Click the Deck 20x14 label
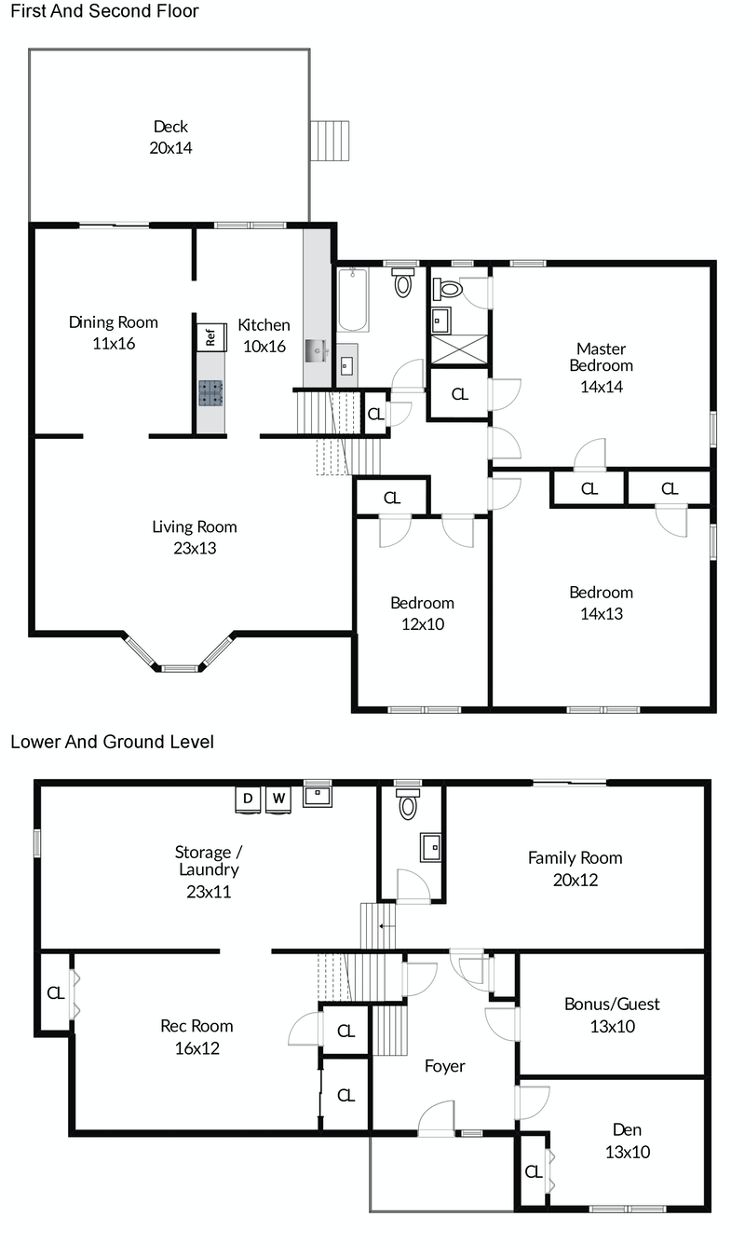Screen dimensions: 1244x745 pyautogui.click(x=170, y=137)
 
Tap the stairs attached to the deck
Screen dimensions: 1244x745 pyautogui.click(x=330, y=141)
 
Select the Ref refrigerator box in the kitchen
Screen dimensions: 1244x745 pyautogui.click(x=210, y=336)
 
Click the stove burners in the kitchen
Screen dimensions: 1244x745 pyautogui.click(x=210, y=393)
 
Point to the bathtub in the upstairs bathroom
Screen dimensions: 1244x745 pyautogui.click(x=353, y=300)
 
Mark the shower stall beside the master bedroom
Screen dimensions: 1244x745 pyautogui.click(x=458, y=350)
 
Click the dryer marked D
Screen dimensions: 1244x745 pyautogui.click(x=248, y=800)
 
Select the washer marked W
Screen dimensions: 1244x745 pyautogui.click(x=279, y=800)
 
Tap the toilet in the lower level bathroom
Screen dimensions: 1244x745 pyautogui.click(x=408, y=806)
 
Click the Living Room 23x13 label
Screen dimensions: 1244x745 pyautogui.click(x=195, y=538)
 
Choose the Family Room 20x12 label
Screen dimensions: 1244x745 pyautogui.click(x=575, y=868)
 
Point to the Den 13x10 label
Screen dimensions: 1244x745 pyautogui.click(x=626, y=1141)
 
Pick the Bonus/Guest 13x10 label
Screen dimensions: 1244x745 pyautogui.click(x=612, y=1015)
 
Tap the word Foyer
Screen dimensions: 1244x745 pyautogui.click(x=444, y=1066)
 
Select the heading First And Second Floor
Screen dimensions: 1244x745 pyautogui.click(x=103, y=12)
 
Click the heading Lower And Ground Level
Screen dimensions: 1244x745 pyautogui.click(x=112, y=743)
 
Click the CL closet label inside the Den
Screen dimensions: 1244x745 pyautogui.click(x=533, y=1172)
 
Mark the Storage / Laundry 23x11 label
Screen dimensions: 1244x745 pyautogui.click(x=207, y=871)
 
